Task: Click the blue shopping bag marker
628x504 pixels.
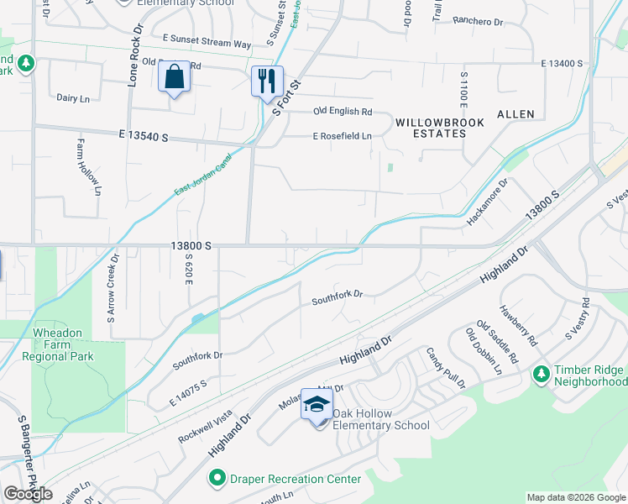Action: (x=174, y=77)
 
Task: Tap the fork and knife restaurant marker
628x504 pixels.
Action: (x=267, y=81)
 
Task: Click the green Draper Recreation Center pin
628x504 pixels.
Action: (x=217, y=479)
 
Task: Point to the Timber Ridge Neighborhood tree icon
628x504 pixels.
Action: (x=542, y=372)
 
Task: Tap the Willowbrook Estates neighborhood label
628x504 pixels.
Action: (x=440, y=128)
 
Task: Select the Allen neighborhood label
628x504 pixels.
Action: (x=515, y=113)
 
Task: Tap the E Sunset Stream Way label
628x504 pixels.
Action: (x=207, y=42)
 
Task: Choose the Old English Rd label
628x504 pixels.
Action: (x=343, y=111)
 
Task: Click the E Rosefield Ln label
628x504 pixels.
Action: (x=342, y=136)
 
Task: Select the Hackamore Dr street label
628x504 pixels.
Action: (x=488, y=202)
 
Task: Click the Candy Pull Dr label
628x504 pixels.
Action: (x=445, y=368)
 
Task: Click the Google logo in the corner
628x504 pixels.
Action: (x=28, y=494)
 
